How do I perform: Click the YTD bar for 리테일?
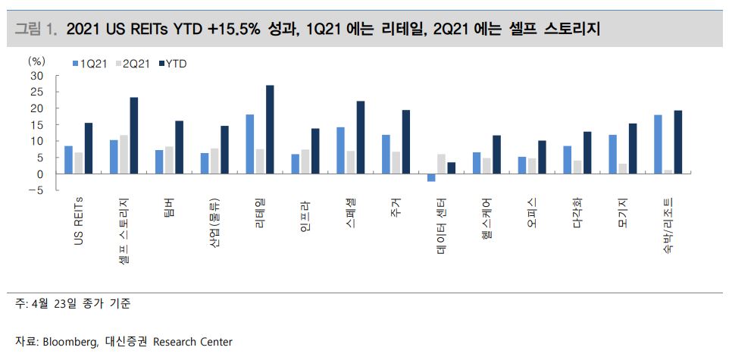(x=270, y=130)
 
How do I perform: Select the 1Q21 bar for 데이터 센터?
(x=431, y=177)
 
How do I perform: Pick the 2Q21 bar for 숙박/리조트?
(x=668, y=172)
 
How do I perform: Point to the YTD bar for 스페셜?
(x=361, y=137)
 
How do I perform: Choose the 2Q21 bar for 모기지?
(x=623, y=168)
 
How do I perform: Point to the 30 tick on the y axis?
(x=37, y=76)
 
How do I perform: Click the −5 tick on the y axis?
(x=34, y=190)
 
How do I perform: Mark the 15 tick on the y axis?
(x=37, y=124)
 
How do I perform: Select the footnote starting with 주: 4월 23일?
(x=73, y=304)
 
